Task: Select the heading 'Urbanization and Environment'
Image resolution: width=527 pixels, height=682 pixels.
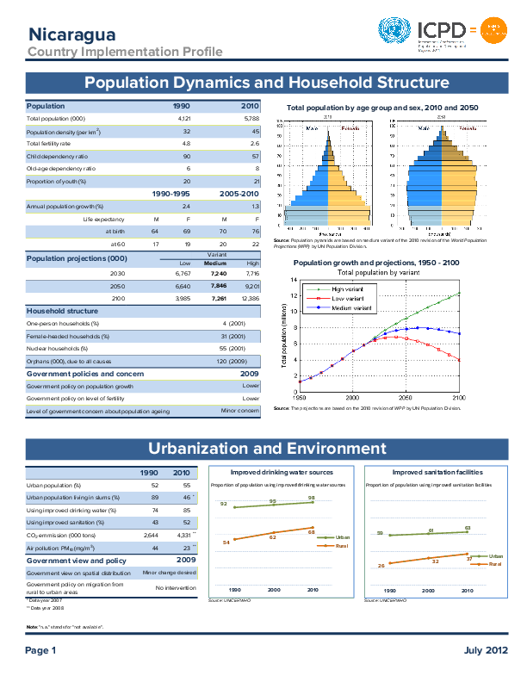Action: (267, 449)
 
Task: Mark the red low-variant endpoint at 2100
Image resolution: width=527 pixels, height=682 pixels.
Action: (459, 360)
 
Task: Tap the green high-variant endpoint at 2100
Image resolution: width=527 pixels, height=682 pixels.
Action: (459, 294)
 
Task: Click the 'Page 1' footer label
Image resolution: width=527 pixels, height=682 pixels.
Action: (40, 649)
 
